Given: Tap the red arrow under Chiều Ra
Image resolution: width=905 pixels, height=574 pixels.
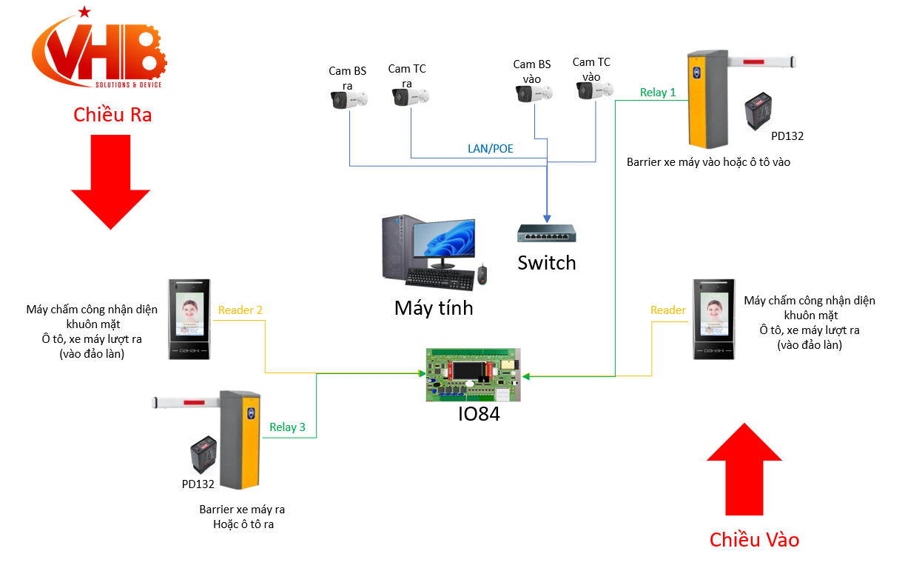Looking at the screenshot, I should click(x=110, y=181).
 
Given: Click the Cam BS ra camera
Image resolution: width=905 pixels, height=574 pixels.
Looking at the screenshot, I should click(x=348, y=99).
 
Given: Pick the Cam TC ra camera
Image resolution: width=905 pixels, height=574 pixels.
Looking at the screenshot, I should click(x=409, y=96).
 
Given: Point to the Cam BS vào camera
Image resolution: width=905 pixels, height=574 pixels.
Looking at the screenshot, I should click(x=534, y=93).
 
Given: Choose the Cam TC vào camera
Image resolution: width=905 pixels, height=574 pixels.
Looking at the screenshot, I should click(x=595, y=91).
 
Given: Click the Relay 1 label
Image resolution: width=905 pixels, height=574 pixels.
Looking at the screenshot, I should click(x=658, y=93).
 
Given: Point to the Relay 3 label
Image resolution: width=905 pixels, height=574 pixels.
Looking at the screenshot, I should click(x=287, y=427).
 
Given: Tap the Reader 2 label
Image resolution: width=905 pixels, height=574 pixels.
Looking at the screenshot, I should click(x=240, y=310).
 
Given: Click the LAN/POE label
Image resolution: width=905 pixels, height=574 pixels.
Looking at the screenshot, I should click(x=490, y=148).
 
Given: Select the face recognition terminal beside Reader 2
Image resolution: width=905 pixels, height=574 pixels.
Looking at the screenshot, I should click(x=189, y=319).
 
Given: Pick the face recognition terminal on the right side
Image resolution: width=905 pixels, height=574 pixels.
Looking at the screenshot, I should click(x=714, y=319).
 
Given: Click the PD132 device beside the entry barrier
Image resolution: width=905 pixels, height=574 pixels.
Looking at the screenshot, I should click(x=764, y=110).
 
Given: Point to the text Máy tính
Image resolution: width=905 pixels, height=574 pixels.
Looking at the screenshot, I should click(x=434, y=307).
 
